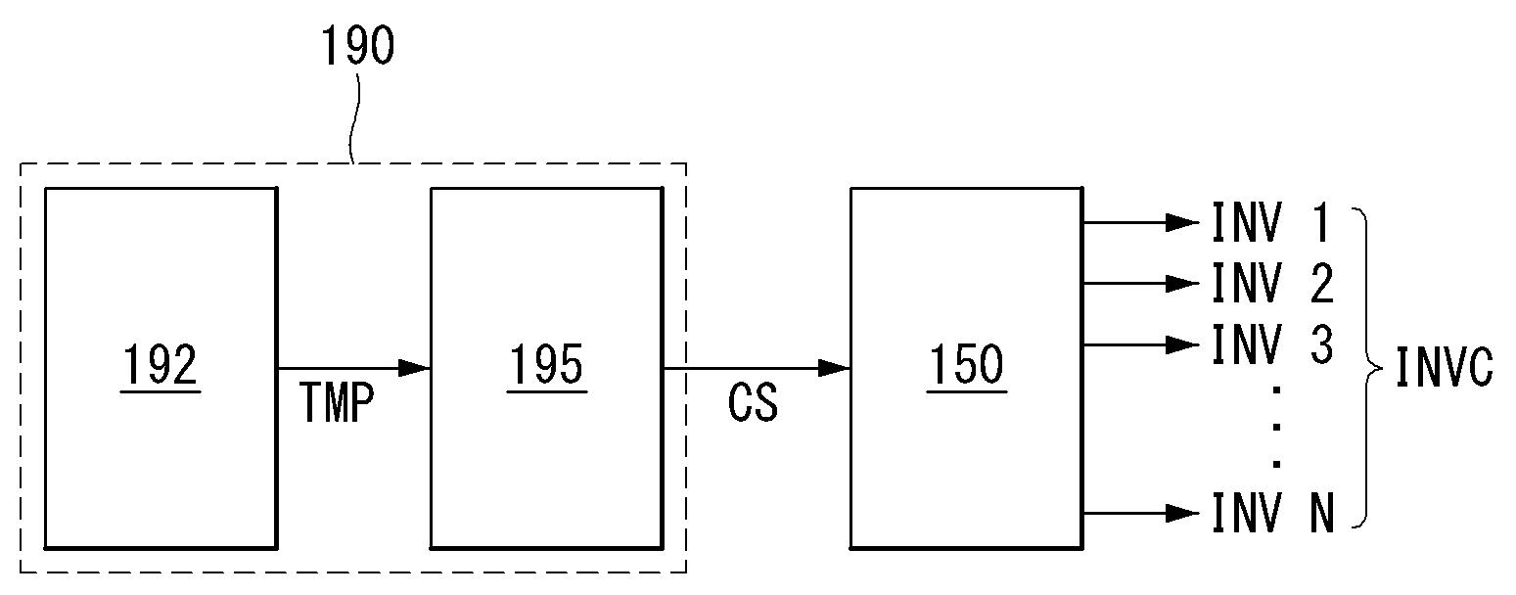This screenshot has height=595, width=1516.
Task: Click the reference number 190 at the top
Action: click(x=358, y=45)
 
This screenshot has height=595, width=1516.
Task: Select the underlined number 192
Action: click(x=161, y=365)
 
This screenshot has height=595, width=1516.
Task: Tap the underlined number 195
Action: click(x=546, y=365)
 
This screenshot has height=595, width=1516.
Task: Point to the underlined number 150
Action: click(x=966, y=365)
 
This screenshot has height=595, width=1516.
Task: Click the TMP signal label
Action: click(x=336, y=403)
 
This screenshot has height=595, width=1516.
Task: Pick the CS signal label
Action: click(x=753, y=403)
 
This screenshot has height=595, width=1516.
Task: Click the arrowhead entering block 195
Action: click(x=415, y=369)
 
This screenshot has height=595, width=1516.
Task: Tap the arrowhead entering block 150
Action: click(x=834, y=369)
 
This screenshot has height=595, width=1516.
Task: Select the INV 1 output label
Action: click(x=1272, y=223)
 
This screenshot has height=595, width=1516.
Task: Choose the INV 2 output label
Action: click(x=1272, y=284)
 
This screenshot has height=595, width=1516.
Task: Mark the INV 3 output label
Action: click(x=1272, y=344)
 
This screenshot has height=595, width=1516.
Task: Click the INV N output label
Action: click(x=1272, y=513)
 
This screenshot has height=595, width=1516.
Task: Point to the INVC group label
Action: click(x=1444, y=369)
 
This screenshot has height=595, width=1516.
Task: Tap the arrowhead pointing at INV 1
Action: click(x=1181, y=223)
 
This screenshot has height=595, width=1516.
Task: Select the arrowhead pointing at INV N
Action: click(x=1181, y=513)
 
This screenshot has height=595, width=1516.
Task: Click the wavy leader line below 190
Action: click(x=357, y=117)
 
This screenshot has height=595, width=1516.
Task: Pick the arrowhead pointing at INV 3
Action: click(x=1181, y=344)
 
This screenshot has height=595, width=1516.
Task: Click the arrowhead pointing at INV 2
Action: click(x=1181, y=284)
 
